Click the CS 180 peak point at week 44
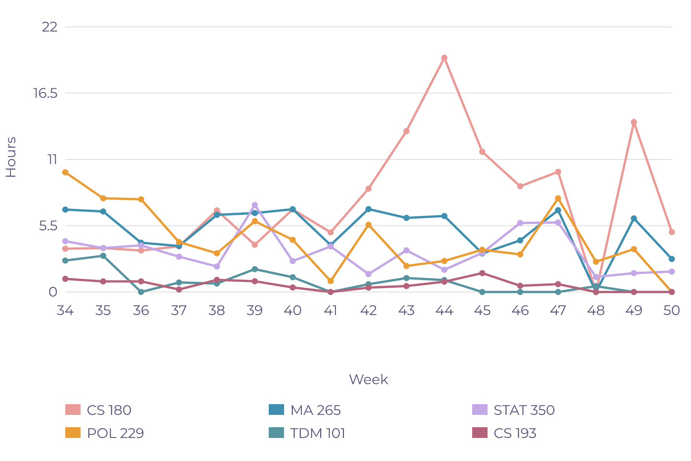[444, 58]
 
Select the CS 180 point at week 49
[634, 122]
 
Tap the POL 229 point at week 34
[65, 172]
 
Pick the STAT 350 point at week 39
[255, 205]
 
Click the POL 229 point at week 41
[331, 281]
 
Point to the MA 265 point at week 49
[634, 218]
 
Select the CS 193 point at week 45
[482, 273]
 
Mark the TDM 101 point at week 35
[103, 256]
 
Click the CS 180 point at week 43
[406, 131]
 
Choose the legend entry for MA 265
[305, 410]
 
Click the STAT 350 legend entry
[513, 410]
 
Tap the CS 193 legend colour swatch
[480, 433]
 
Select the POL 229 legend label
[116, 433]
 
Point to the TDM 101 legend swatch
[276, 433]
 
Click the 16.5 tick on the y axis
[46, 93]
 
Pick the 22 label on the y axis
[50, 27]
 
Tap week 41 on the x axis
[331, 310]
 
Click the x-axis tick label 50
[672, 310]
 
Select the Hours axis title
[11, 157]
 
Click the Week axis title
[369, 380]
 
